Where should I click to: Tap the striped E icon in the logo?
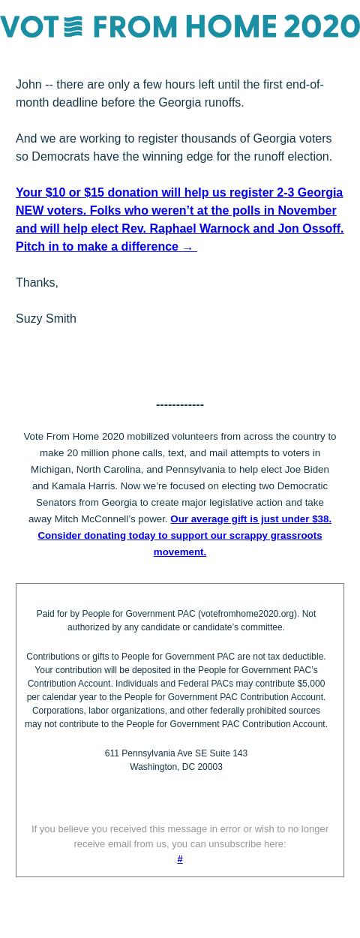point(73,27)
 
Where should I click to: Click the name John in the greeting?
point(28,85)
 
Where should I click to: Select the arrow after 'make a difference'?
point(187,247)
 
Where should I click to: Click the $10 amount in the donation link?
point(55,193)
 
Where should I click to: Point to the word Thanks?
point(35,283)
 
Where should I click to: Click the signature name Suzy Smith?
point(46,319)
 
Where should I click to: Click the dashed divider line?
point(180,405)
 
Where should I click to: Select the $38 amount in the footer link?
point(320,519)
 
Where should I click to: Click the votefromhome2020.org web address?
point(247,614)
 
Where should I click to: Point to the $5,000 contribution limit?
point(311,684)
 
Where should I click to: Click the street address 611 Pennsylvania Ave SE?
point(148,753)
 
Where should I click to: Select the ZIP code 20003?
point(210,767)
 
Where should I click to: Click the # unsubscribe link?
point(180,859)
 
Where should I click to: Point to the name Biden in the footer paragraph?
point(316,470)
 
